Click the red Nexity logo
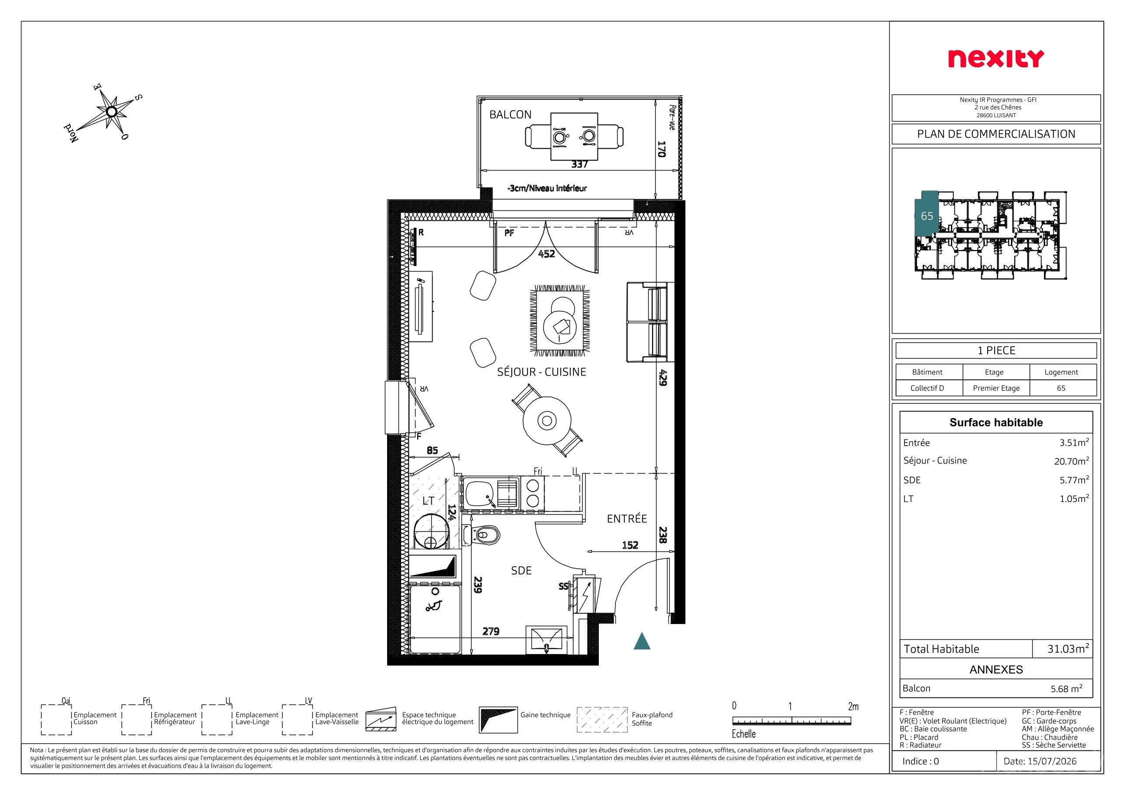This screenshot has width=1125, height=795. click(x=996, y=59)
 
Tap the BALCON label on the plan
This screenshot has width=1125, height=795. click(x=510, y=115)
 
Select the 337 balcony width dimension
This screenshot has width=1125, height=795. click(x=579, y=164)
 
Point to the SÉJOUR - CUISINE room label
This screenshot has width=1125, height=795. click(x=542, y=372)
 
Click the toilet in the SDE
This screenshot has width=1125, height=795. click(x=481, y=535)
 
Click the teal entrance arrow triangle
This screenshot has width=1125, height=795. click(x=642, y=641)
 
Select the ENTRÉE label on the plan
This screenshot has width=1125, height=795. click(x=627, y=519)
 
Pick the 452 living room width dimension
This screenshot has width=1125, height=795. click(x=546, y=254)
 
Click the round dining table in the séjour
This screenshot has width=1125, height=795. click(x=547, y=420)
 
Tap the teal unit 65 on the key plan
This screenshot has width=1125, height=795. click(x=926, y=213)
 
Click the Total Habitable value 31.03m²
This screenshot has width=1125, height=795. click(x=1068, y=649)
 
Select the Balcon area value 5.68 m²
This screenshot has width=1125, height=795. click(x=1067, y=688)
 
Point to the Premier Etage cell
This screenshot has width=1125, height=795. click(x=996, y=388)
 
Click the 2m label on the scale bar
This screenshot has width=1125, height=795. click(x=853, y=706)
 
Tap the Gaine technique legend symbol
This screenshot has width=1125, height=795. click(x=498, y=719)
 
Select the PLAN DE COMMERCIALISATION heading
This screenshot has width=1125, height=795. click(x=996, y=134)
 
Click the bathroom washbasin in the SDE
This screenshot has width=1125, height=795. click(x=547, y=640)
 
